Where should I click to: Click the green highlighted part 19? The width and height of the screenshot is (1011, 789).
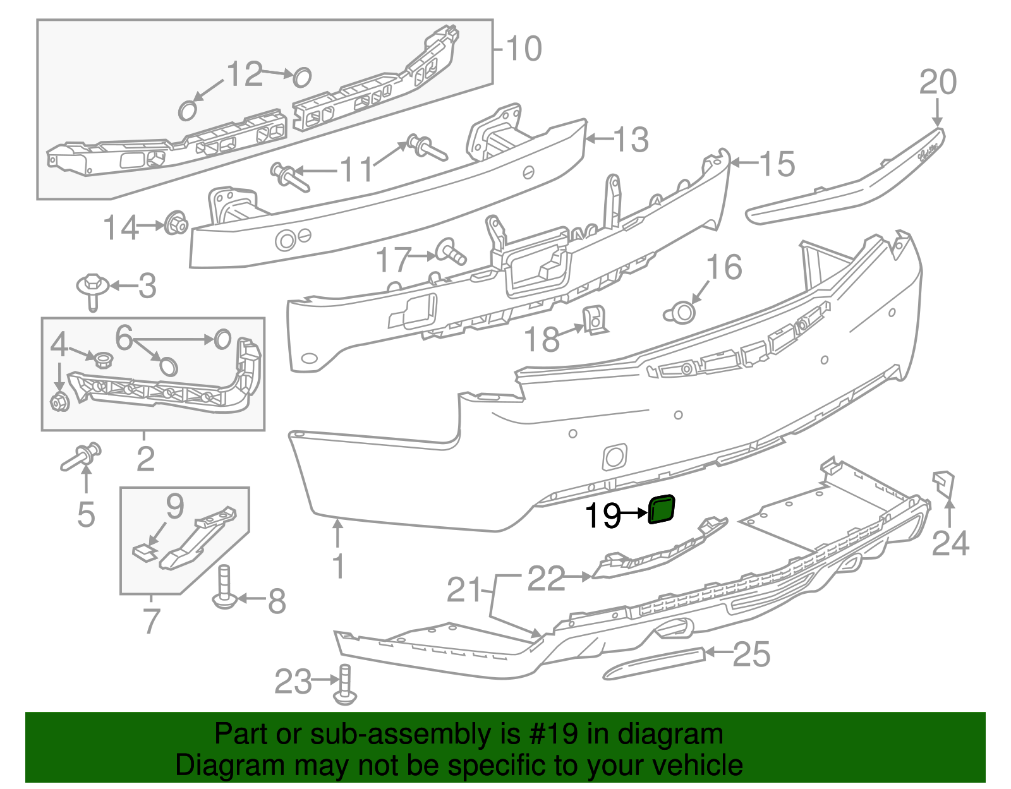662,510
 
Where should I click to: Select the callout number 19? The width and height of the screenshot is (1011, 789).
603,516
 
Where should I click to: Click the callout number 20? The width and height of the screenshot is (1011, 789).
938,83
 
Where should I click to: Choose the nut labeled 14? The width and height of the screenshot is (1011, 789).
175,224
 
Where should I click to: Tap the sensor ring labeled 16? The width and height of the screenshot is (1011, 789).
680,313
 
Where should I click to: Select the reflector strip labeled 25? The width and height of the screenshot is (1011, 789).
654,662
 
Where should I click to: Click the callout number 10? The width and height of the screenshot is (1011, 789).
524,49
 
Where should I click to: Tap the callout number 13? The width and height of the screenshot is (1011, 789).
631,140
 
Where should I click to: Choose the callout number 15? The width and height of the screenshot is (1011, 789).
776,164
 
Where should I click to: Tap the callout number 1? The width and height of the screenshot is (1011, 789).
339,565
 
